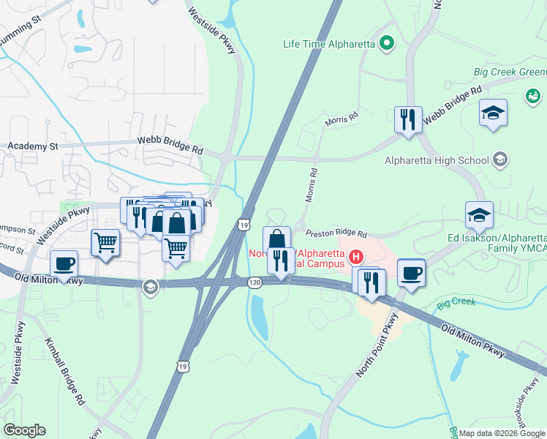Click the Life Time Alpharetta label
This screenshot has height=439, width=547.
[x=329, y=44]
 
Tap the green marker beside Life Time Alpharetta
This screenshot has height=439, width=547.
[x=387, y=44]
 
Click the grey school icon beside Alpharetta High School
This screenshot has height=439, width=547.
[x=500, y=159]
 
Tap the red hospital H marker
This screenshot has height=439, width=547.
[x=356, y=256]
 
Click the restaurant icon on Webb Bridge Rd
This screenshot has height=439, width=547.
[x=407, y=119]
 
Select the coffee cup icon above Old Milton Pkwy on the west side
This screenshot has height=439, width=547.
[x=64, y=264]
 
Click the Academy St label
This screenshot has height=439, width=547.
[x=33, y=146]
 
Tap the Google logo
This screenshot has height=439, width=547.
[x=24, y=430]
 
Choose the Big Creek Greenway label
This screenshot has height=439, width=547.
[x=510, y=72]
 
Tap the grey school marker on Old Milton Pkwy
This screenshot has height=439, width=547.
[x=150, y=285]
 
